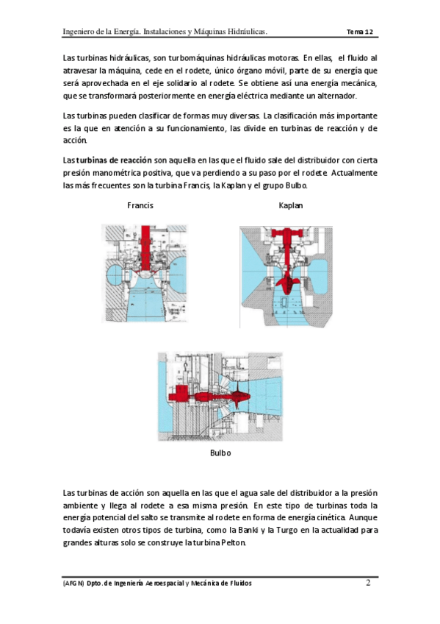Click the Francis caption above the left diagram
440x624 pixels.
[x=140, y=205]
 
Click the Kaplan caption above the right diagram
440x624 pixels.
[x=291, y=205]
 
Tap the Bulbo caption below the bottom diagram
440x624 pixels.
[x=220, y=453]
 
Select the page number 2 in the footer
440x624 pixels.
[x=368, y=583]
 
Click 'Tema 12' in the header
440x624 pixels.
[x=360, y=32]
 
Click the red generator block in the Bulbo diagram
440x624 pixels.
[x=178, y=394]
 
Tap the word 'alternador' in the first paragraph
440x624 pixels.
[x=339, y=96]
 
